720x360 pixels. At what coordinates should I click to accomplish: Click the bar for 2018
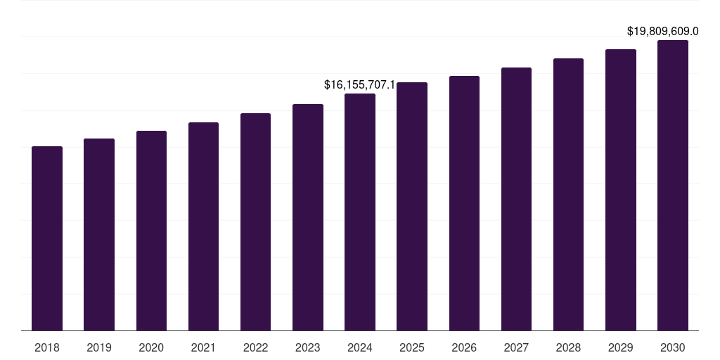point(47,238)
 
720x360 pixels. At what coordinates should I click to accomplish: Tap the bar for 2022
point(255,221)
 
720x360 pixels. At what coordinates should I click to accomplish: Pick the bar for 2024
point(360,212)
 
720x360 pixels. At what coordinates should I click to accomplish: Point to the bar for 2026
point(464,203)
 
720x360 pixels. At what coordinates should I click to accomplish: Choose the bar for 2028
point(568,194)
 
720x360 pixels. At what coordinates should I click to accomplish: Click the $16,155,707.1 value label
point(359,84)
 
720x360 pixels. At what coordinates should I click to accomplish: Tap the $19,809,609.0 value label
point(663,31)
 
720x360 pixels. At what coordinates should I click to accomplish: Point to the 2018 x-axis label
point(47,347)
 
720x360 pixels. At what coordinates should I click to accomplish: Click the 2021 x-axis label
point(203,347)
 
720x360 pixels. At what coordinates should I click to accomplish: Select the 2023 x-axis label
point(308,347)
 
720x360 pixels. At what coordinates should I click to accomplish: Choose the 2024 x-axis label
point(360,347)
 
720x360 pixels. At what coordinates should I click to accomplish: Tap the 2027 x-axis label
point(516,347)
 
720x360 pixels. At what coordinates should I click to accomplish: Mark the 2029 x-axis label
point(621,347)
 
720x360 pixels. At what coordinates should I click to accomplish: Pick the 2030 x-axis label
point(673,347)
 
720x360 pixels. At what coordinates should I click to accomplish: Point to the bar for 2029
point(621,190)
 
